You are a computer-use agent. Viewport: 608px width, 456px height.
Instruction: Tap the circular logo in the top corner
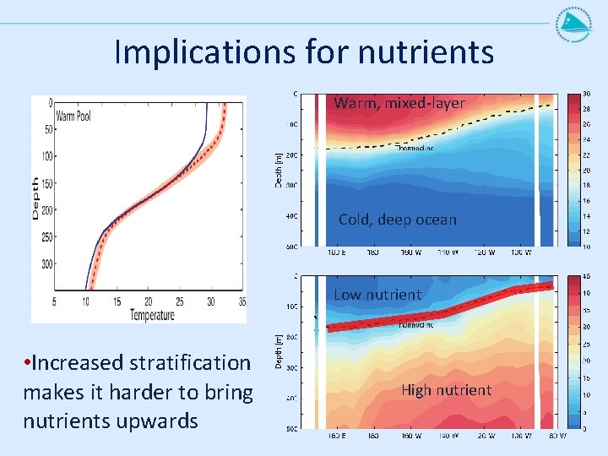573,24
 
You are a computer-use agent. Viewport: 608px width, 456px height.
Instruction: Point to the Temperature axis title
152,315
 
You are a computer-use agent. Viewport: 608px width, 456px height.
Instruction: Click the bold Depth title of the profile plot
35,198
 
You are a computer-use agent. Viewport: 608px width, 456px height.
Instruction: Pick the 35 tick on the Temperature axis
242,301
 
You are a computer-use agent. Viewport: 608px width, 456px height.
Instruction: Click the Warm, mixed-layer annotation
399,103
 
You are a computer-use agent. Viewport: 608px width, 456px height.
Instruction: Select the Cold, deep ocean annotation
397,220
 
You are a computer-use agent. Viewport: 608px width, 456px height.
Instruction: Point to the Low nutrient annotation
377,295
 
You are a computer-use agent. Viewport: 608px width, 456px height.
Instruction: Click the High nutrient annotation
446,390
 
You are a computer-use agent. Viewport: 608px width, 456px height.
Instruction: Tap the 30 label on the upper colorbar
586,94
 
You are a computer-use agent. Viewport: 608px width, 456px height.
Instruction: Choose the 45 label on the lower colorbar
586,276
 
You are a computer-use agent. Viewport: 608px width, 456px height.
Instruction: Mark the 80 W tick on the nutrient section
556,436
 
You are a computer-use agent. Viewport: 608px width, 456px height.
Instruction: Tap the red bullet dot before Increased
28,363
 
